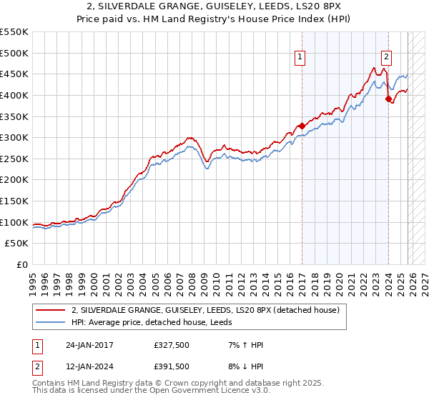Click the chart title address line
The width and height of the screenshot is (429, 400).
click(x=214, y=6)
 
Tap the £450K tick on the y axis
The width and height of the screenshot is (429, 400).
click(x=14, y=74)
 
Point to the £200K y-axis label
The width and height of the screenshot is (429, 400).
click(x=14, y=180)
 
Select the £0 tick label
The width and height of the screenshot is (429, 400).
click(x=21, y=265)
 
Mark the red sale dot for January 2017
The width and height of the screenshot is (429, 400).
click(x=302, y=126)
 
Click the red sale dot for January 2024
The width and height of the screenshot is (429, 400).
click(x=389, y=99)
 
